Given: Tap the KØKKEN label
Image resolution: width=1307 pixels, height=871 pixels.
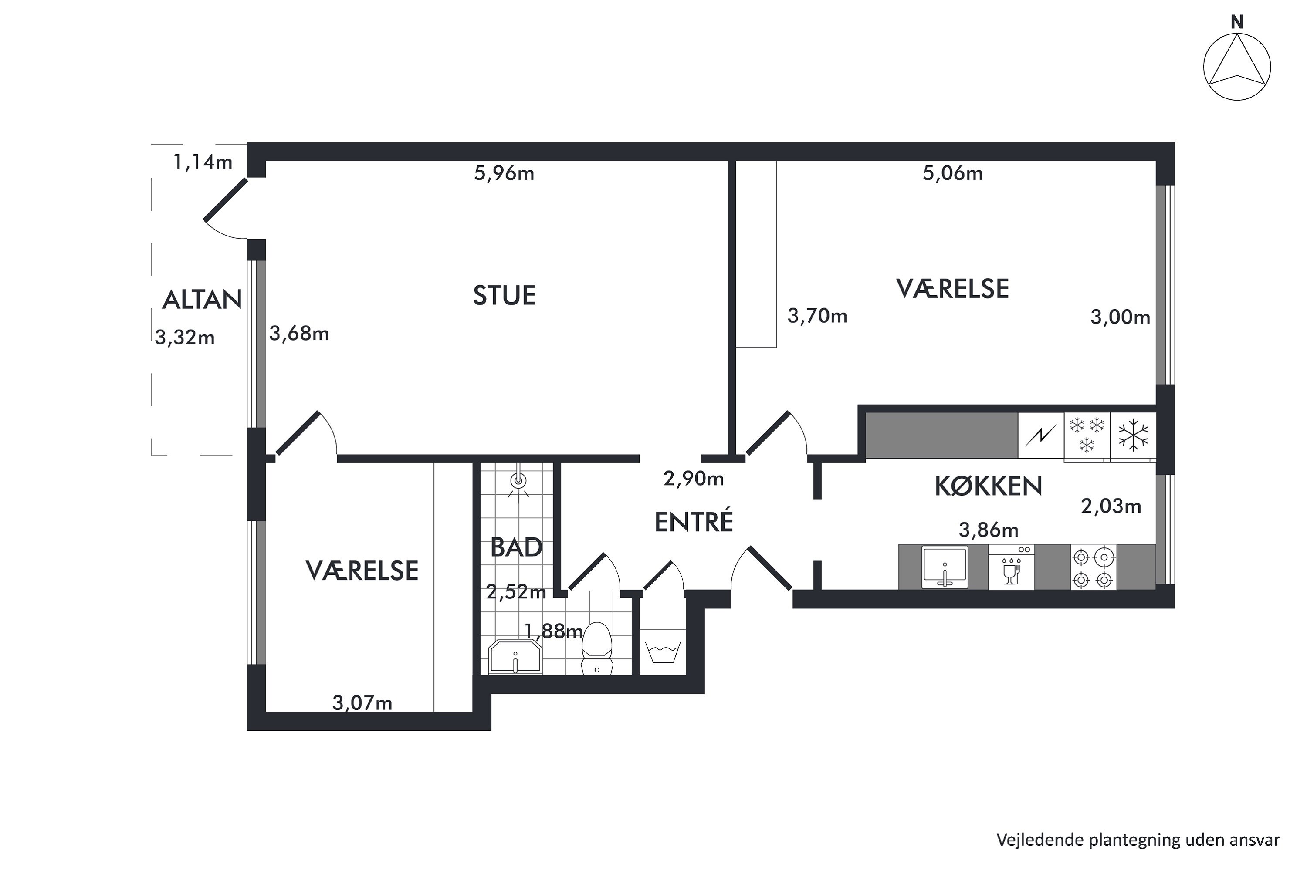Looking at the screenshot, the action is point(988,486).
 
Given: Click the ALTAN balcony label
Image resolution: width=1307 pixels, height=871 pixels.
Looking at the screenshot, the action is point(202,300).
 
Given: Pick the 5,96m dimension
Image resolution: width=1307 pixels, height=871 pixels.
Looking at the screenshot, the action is point(504,173).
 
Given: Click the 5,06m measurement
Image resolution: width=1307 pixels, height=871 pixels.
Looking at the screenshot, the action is point(952,173).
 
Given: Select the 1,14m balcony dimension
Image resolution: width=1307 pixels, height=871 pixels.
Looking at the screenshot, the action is point(203,162).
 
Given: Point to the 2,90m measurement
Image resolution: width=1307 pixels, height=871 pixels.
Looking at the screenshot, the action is point(694,478).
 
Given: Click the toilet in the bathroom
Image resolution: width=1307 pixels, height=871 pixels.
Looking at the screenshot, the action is point(597,648).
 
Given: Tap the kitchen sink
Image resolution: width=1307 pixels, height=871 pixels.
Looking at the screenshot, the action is point(945,567).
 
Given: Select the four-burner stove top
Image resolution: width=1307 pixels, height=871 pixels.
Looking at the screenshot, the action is point(1093,568).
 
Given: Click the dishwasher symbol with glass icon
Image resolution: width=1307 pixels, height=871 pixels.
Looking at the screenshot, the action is point(1011,567).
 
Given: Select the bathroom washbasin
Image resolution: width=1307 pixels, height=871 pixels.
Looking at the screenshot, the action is point(515,657).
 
